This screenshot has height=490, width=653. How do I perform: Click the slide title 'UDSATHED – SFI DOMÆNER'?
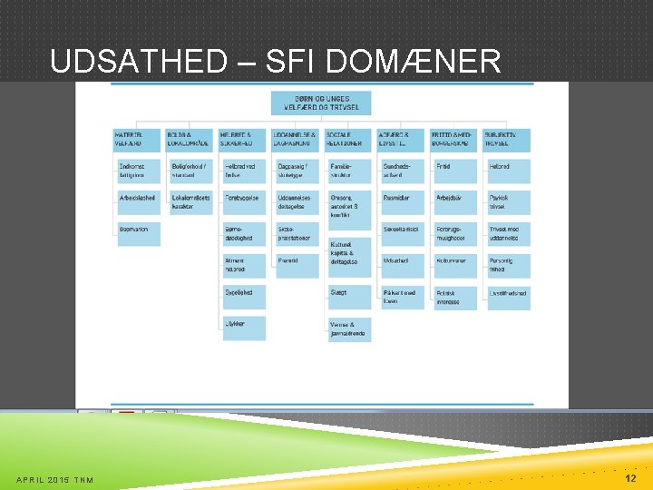(x=276, y=62)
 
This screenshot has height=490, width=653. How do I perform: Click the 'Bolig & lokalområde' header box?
(x=189, y=139)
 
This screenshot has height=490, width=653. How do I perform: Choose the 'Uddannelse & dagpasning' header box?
(x=296, y=139)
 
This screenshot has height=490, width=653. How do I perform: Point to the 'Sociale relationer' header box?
(x=349, y=139)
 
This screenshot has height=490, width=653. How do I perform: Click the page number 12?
(x=630, y=477)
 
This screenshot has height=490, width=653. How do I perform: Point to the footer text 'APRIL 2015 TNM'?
(x=55, y=480)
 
